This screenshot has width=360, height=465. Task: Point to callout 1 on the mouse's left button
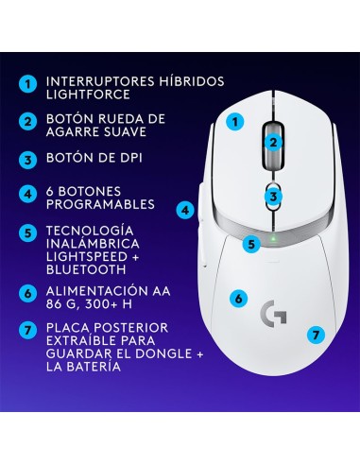(x=237, y=121)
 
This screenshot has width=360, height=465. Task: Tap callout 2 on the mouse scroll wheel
(x=273, y=144)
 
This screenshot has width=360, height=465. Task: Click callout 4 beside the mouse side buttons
(x=186, y=210)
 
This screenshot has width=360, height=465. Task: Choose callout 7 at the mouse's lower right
(x=316, y=334)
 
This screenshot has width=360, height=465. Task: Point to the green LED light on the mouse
(x=271, y=237)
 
